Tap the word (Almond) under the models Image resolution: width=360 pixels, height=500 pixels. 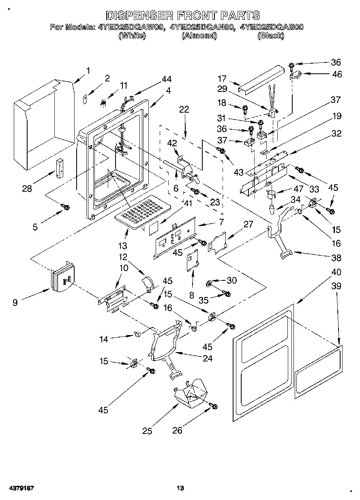(199, 36)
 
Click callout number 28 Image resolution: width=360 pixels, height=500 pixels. (27, 189)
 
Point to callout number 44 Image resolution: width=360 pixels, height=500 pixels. (167, 79)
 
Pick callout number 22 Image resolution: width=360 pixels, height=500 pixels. (184, 109)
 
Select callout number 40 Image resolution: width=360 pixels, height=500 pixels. (336, 272)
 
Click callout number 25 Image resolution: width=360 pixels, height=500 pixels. (147, 431)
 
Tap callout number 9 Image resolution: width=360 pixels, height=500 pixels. (15, 303)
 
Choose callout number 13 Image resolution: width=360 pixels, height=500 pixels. (122, 246)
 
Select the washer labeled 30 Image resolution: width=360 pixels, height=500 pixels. (209, 284)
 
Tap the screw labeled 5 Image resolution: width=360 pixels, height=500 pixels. (65, 207)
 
